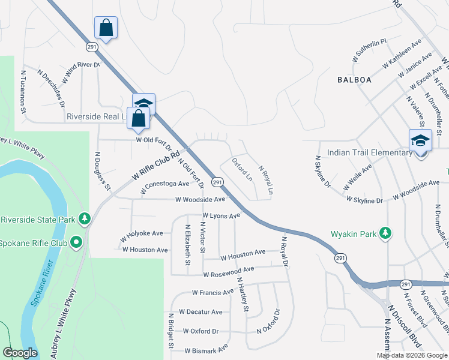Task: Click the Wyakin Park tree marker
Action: point(386,233)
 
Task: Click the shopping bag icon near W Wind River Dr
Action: point(106,28)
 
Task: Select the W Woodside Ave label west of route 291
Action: point(200,199)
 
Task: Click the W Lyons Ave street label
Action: point(221,215)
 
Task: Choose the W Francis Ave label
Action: point(212,292)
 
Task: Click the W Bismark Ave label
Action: point(206,349)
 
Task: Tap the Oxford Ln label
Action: point(242,170)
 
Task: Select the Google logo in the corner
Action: point(20,353)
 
